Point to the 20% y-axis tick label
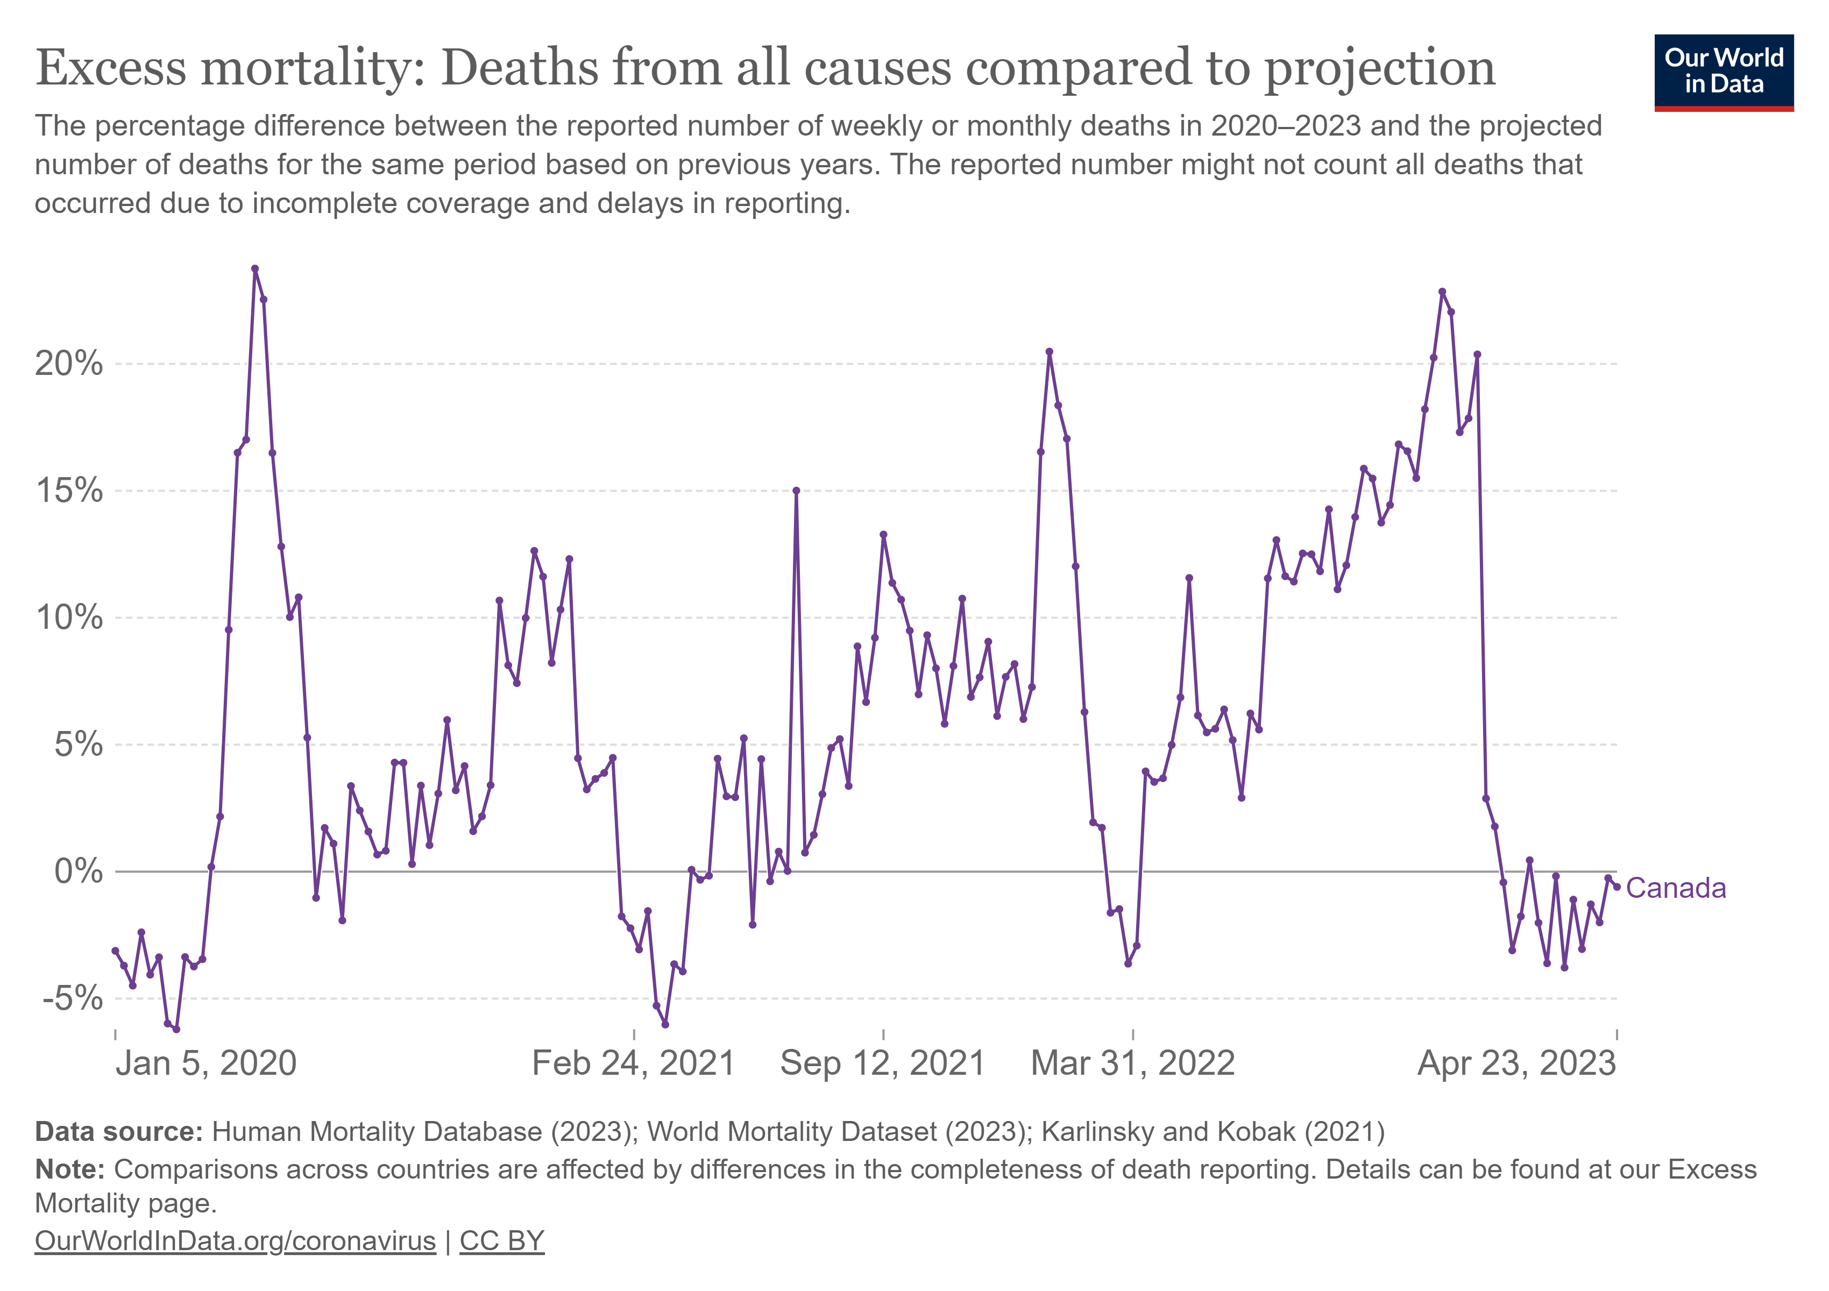(x=68, y=364)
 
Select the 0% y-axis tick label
(x=78, y=871)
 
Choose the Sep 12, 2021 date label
(x=883, y=1064)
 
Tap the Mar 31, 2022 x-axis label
(x=1133, y=1064)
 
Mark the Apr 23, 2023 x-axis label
(x=1517, y=1064)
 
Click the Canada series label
(x=1675, y=888)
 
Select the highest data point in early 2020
(x=255, y=268)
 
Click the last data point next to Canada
(x=1617, y=886)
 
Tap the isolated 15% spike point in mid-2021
(x=796, y=491)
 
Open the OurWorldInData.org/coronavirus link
(x=235, y=1241)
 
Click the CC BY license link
(x=502, y=1241)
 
